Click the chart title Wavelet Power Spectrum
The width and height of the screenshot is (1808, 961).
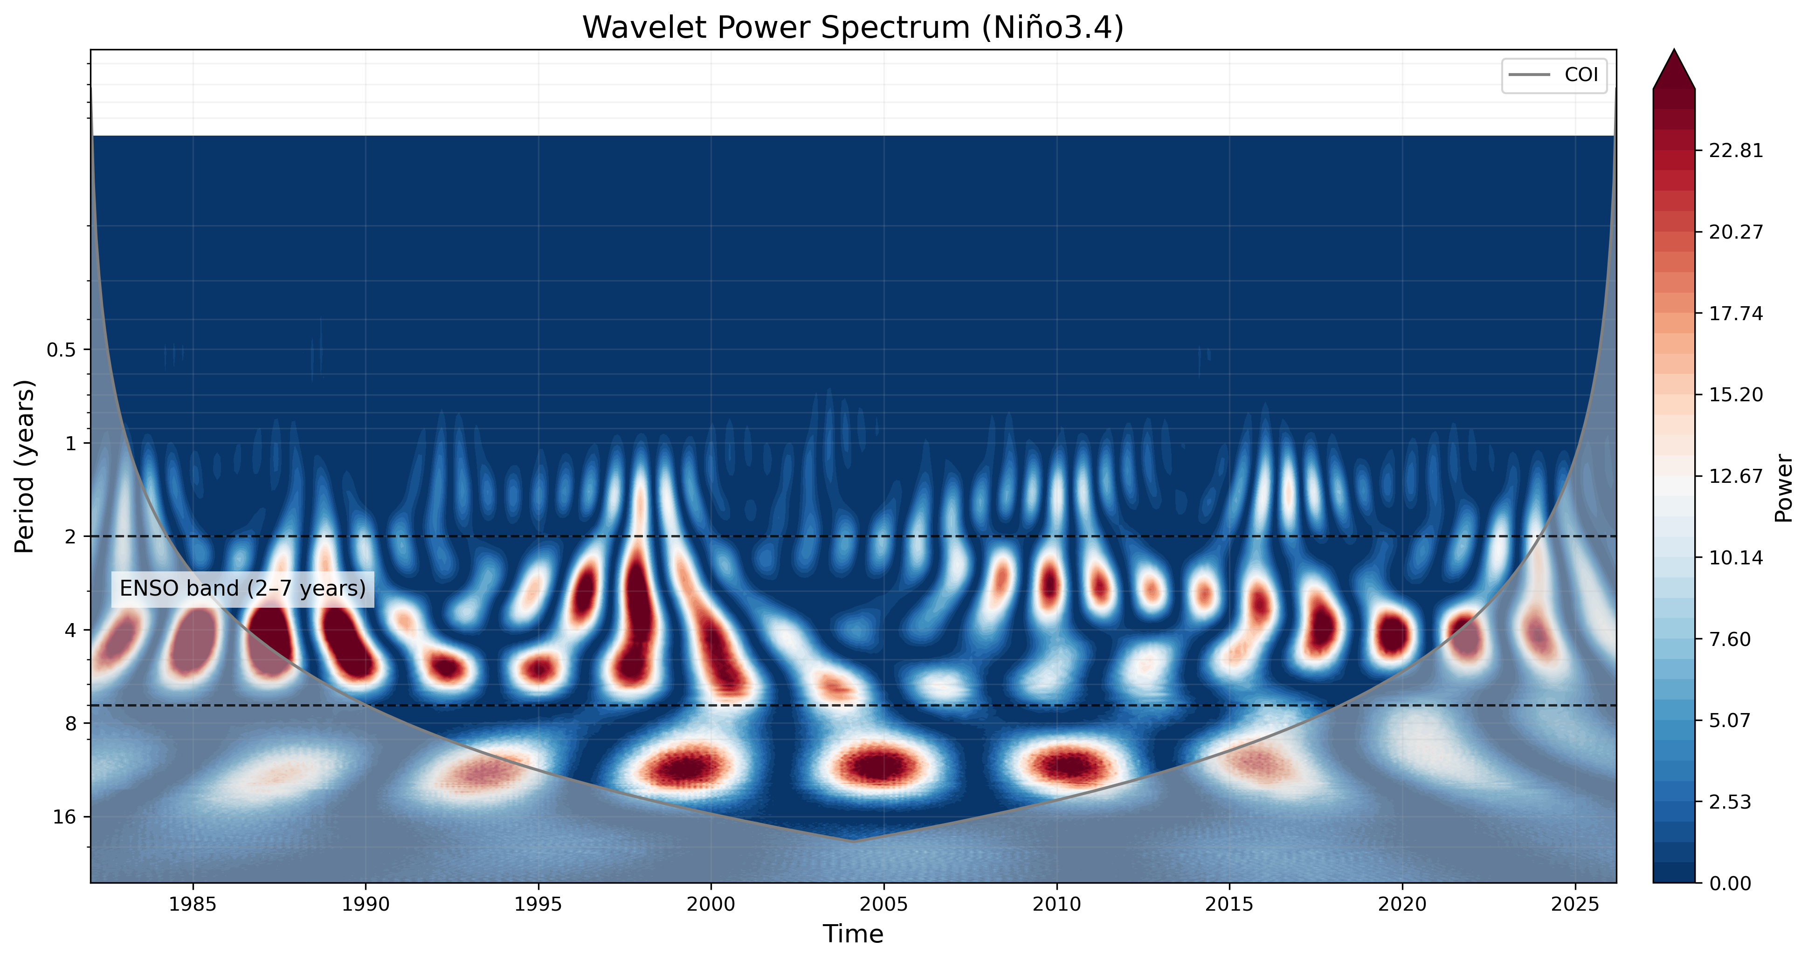[x=853, y=28]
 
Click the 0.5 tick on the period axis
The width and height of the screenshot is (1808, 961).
[x=61, y=350]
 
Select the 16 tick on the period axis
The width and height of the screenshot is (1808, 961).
[x=64, y=817]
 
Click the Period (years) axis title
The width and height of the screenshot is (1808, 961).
[x=25, y=467]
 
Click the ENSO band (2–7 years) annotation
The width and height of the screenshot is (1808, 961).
[x=243, y=589]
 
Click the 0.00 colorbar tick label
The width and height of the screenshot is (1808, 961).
[x=1730, y=883]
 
